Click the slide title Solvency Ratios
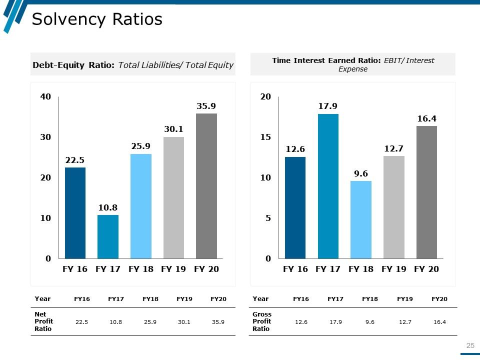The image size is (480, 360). coord(97,19)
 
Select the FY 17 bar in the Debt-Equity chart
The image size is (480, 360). coord(108,236)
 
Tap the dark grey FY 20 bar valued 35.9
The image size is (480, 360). coord(206,186)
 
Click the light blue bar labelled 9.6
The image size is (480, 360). coord(361,219)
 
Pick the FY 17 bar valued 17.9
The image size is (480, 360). coord(328,186)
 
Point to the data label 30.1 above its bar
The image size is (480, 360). coord(173,129)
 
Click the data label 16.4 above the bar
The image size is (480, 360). coord(426,118)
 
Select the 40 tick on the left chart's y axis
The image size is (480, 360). coord(45,96)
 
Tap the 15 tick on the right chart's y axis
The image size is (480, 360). coord(265,137)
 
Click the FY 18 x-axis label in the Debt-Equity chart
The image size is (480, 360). coord(141,269)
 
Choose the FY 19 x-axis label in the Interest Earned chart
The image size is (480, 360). coord(394,269)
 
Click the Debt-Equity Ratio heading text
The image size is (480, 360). coord(132,65)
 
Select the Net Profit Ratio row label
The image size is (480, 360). coord(44,321)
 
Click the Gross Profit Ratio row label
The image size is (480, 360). coord(262,321)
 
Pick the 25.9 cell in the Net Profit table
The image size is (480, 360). coord(150,322)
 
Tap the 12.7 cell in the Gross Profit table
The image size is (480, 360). coord(404,322)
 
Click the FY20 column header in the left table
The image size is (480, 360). coord(218,299)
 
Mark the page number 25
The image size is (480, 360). coord(470,345)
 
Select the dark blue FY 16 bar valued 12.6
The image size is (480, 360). coord(295,207)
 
